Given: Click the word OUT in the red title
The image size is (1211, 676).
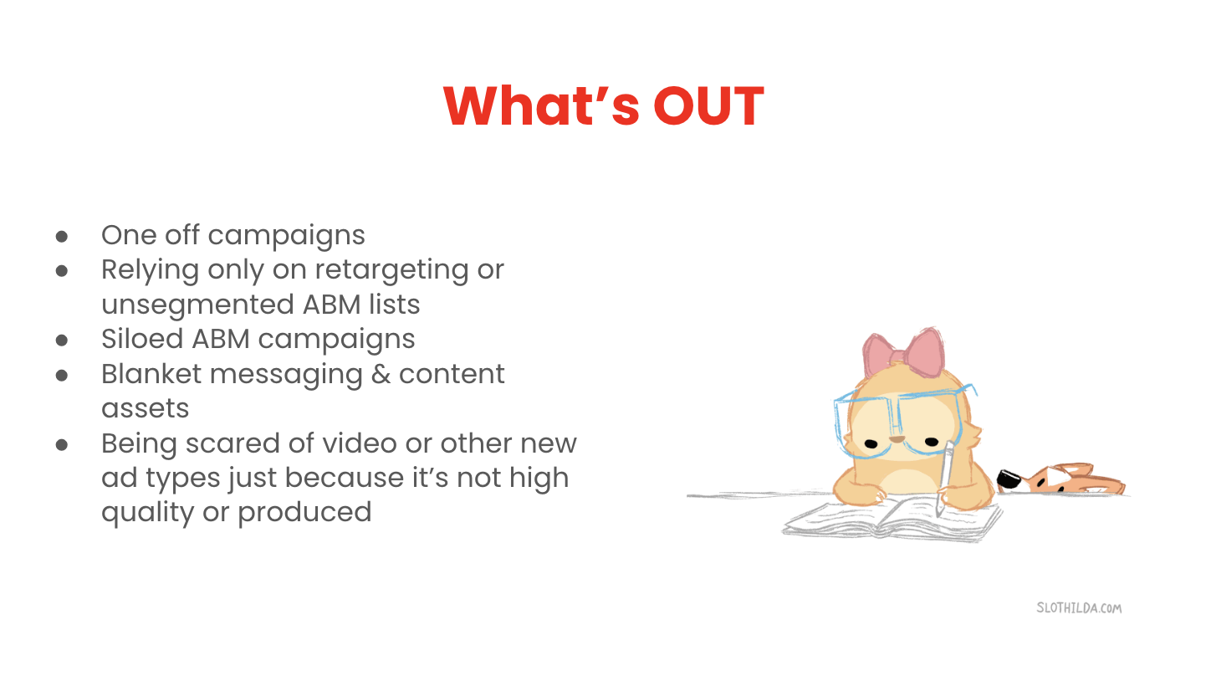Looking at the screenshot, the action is pyautogui.click(x=708, y=106).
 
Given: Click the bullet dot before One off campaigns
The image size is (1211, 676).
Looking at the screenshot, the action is pyautogui.click(x=62, y=236).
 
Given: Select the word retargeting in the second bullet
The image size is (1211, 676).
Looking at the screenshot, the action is pyautogui.click(x=391, y=270).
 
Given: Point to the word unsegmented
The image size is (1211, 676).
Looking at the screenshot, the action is pyautogui.click(x=197, y=304).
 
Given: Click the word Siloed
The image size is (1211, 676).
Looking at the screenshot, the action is pyautogui.click(x=141, y=339).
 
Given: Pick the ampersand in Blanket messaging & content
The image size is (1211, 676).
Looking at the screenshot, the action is pyautogui.click(x=381, y=374).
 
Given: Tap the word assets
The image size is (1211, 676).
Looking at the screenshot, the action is pyautogui.click(x=145, y=409).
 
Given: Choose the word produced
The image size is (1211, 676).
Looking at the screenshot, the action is pyautogui.click(x=304, y=512).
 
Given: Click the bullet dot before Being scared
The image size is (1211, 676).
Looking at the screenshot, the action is pyautogui.click(x=62, y=444).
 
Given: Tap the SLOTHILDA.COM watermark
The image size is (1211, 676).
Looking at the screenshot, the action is pyautogui.click(x=1079, y=608).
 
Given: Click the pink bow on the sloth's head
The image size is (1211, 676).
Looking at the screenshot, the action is pyautogui.click(x=904, y=352).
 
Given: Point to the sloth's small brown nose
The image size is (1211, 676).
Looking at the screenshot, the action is pyautogui.click(x=897, y=438).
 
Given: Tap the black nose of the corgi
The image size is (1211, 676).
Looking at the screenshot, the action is pyautogui.click(x=1007, y=479).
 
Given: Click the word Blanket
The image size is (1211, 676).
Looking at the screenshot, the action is pyautogui.click(x=151, y=374).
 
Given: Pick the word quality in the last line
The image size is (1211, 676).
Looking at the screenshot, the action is pyautogui.click(x=147, y=512).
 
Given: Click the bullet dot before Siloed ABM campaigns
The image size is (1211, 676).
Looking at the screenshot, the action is pyautogui.click(x=62, y=341).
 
